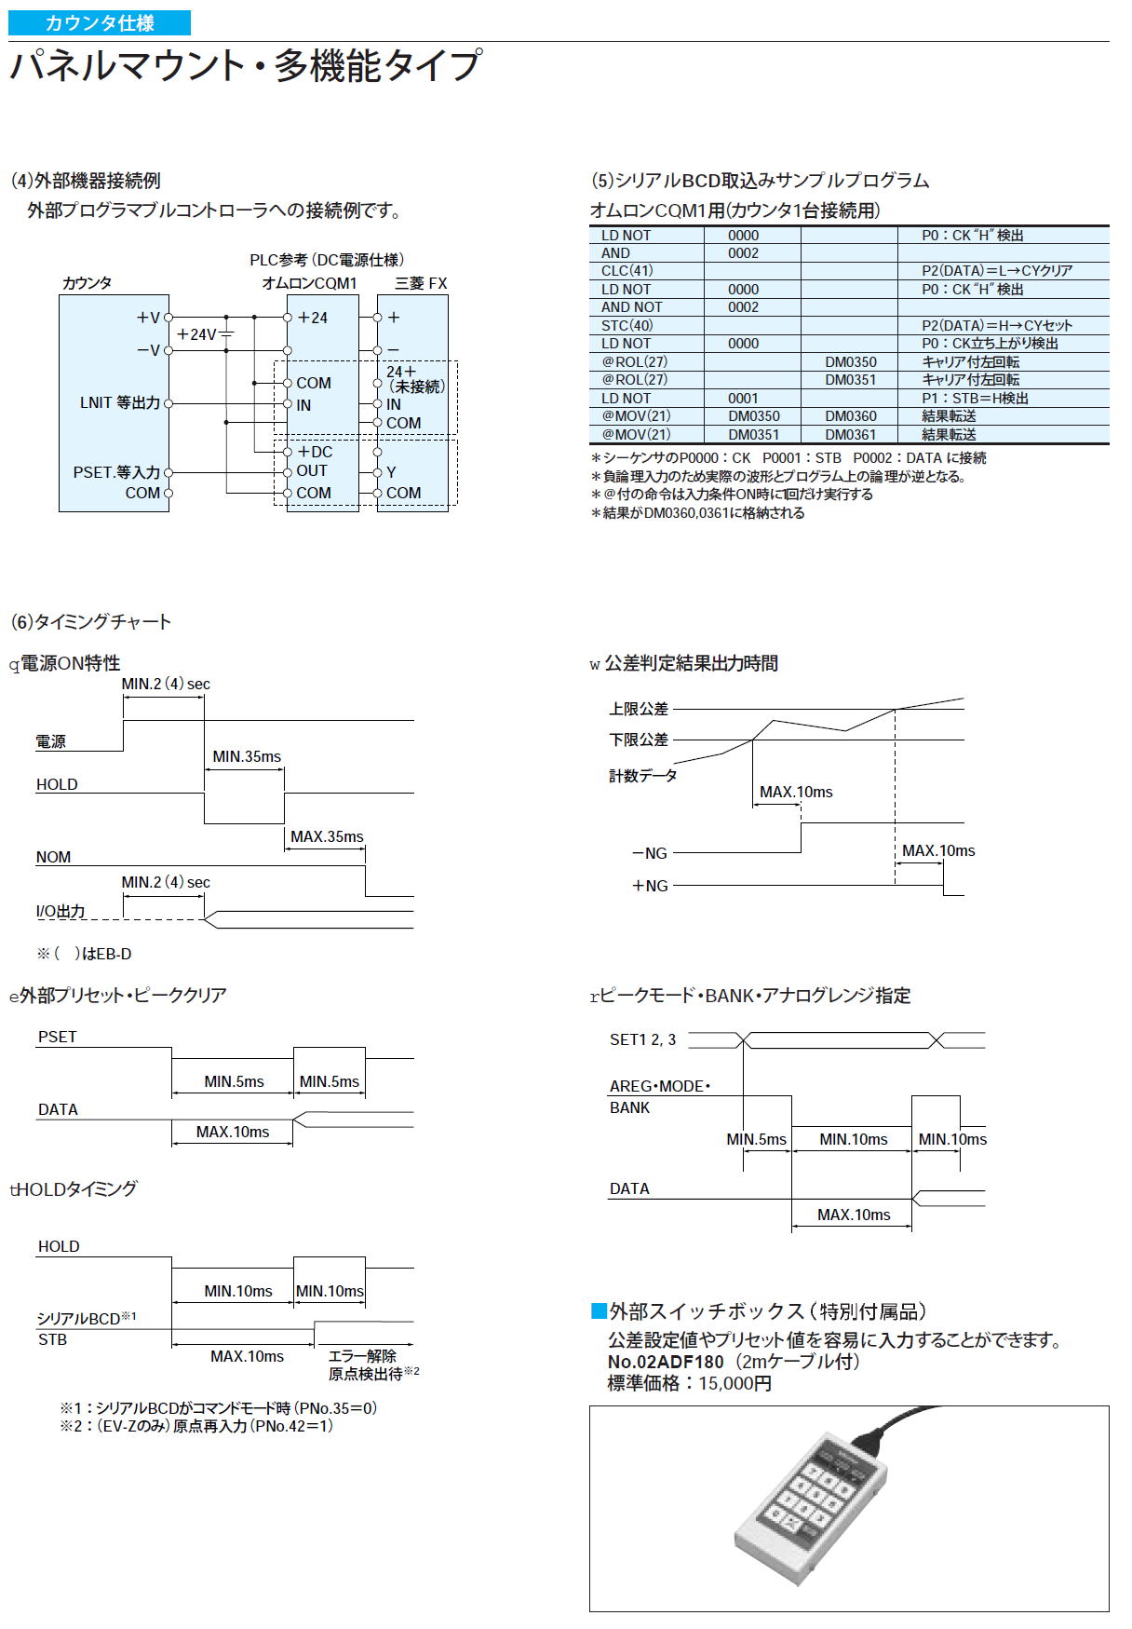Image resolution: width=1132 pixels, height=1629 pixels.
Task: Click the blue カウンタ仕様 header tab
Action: coord(100,23)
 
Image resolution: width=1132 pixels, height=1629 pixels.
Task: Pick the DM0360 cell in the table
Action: coord(850,416)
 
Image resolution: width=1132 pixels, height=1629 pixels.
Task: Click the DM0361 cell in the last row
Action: coord(850,434)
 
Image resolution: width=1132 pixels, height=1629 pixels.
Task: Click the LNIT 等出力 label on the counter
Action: coord(120,403)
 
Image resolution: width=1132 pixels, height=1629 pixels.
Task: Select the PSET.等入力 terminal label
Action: coord(116,472)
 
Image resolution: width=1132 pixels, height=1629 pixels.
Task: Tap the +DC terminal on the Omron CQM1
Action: coord(315,452)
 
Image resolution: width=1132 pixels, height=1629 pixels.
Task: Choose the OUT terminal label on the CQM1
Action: coord(312,471)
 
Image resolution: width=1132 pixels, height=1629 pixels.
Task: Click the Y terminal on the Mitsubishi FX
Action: coord(391,472)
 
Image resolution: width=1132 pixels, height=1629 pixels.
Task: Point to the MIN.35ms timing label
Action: coord(247,756)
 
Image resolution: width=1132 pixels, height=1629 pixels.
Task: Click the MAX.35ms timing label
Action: coord(327,836)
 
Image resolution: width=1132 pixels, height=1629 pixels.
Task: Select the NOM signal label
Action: coord(53,857)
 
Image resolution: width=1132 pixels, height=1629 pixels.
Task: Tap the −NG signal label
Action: coord(650,853)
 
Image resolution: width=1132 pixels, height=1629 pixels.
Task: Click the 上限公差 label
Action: coord(639,709)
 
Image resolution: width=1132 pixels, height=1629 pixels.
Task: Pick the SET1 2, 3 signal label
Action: coord(642,1039)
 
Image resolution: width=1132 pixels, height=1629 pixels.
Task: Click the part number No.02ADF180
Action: coord(666,1362)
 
